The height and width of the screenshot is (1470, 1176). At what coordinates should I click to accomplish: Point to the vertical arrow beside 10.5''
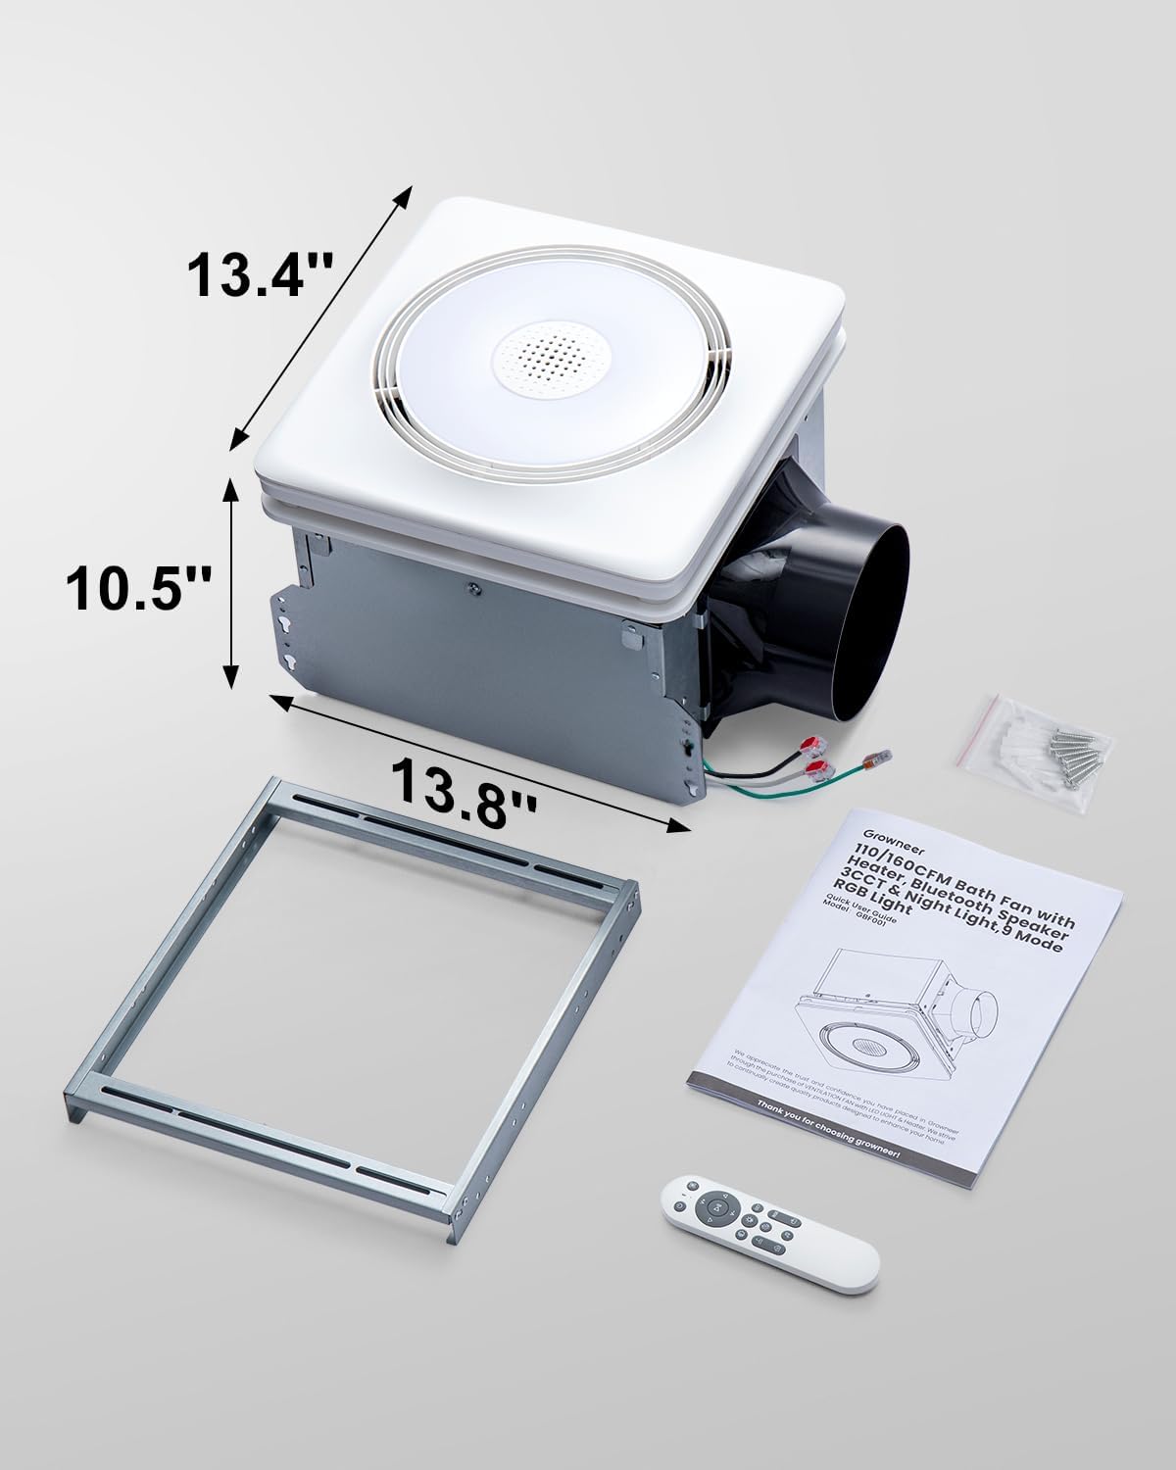click(x=231, y=584)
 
